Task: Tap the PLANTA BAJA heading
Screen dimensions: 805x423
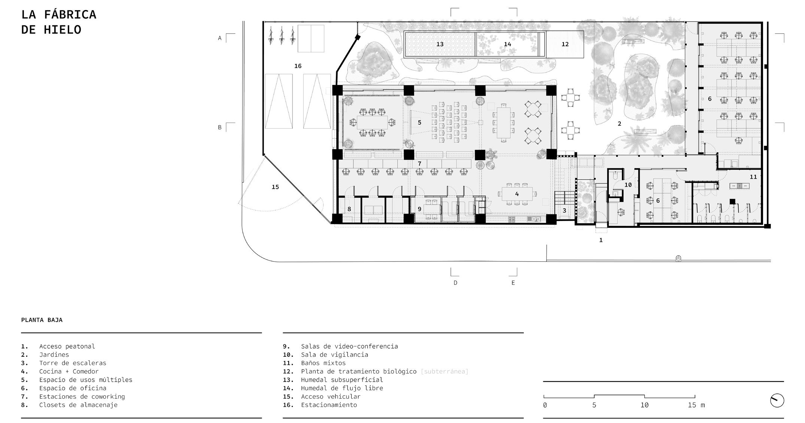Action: (x=42, y=320)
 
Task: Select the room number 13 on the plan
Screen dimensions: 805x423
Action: (x=440, y=44)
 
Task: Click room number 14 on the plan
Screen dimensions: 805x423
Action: (x=507, y=44)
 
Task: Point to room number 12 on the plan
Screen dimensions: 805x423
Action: (x=565, y=44)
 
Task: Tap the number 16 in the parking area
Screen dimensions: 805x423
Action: (x=298, y=66)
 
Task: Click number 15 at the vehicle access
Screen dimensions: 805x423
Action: (x=275, y=187)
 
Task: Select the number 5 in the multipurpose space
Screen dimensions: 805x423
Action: (x=419, y=123)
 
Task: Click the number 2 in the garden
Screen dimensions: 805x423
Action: (x=619, y=124)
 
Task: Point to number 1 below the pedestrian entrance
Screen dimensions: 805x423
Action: (x=601, y=240)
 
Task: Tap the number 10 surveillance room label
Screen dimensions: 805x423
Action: (x=628, y=185)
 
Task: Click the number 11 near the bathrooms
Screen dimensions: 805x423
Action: (x=753, y=177)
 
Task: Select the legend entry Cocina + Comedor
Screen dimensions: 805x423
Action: (x=69, y=371)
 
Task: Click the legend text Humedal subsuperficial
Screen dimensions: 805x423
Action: (x=342, y=380)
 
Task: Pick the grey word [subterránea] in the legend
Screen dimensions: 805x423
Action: (x=444, y=371)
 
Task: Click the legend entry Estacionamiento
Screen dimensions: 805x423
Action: (x=329, y=405)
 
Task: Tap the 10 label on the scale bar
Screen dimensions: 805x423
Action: (x=644, y=405)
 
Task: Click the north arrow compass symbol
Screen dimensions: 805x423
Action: (x=777, y=401)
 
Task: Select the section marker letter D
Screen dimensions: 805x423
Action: (x=455, y=283)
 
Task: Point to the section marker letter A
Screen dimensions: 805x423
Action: (x=220, y=38)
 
